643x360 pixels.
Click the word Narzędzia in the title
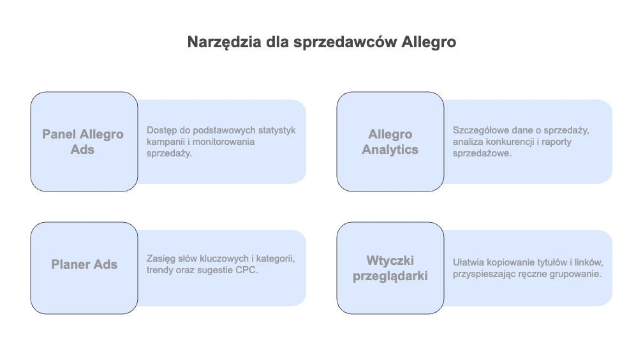[x=224, y=42]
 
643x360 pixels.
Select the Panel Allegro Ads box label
[x=83, y=142]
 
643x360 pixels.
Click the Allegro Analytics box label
[x=390, y=142]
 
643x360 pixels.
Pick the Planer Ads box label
[x=84, y=264]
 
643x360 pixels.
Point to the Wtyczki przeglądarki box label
[x=390, y=268]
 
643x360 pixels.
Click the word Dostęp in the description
[x=161, y=131]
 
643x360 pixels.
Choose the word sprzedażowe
[x=482, y=154]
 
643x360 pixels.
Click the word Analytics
[x=390, y=150]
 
